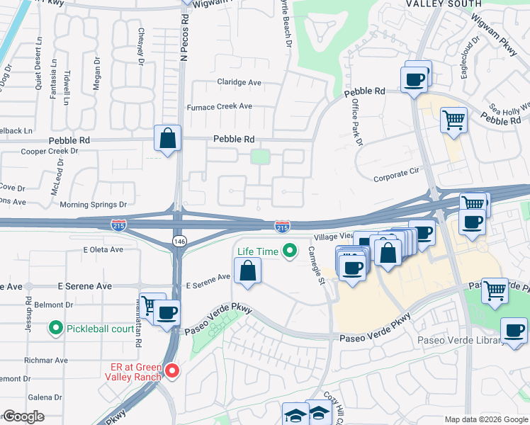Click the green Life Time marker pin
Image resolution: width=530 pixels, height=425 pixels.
289,251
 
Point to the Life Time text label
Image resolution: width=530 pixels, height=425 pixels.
257,251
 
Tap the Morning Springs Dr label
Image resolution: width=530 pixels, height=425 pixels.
93,205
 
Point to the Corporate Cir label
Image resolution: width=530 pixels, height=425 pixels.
397,174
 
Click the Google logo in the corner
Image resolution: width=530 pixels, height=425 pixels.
23,416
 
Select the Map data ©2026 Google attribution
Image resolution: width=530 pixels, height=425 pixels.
485,419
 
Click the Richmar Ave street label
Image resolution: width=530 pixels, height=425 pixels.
45,360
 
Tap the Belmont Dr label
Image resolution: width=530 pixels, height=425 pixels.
54,305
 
